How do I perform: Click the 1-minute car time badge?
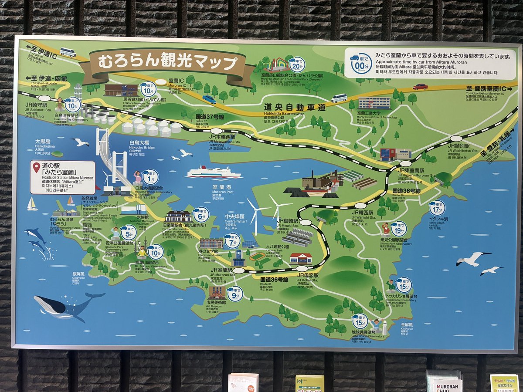150,177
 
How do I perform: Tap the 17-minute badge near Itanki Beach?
437,208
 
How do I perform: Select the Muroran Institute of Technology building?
374,103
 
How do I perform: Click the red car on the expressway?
420,87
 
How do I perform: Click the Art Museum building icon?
216,292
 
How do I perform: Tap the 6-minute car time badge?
200,214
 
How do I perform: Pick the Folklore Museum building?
120,90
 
